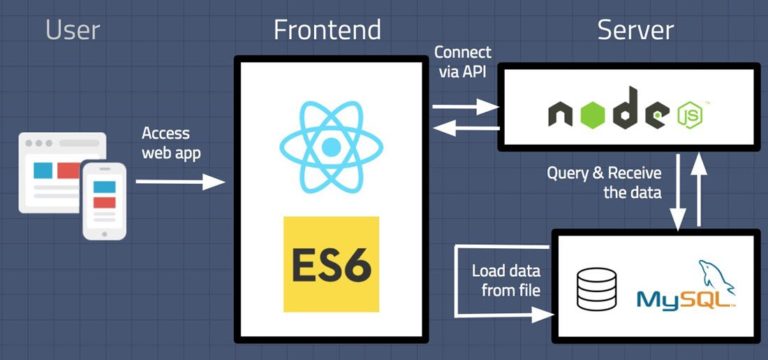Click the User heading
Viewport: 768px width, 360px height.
[73, 30]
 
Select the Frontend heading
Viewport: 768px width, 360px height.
[327, 30]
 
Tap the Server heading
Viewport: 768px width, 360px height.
[635, 30]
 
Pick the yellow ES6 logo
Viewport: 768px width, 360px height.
[331, 262]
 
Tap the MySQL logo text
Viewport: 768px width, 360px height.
[685, 297]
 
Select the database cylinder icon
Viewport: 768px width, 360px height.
[597, 286]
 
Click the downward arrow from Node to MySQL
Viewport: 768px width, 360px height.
[679, 190]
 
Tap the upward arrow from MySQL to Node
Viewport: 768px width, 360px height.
[701, 190]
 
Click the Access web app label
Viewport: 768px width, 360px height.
[165, 142]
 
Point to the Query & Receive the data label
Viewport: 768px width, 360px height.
[604, 182]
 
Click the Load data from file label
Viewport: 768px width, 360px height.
[506, 280]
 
